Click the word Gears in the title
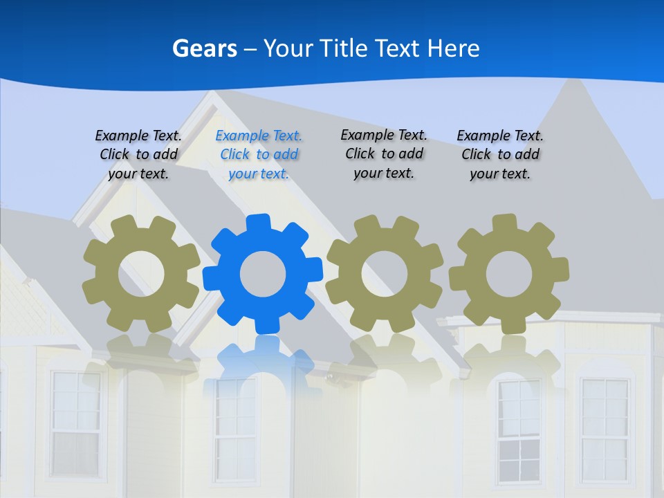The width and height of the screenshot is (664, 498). point(205,48)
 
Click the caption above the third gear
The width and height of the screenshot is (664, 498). point(384,154)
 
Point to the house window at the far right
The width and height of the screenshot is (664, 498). point(605,429)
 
